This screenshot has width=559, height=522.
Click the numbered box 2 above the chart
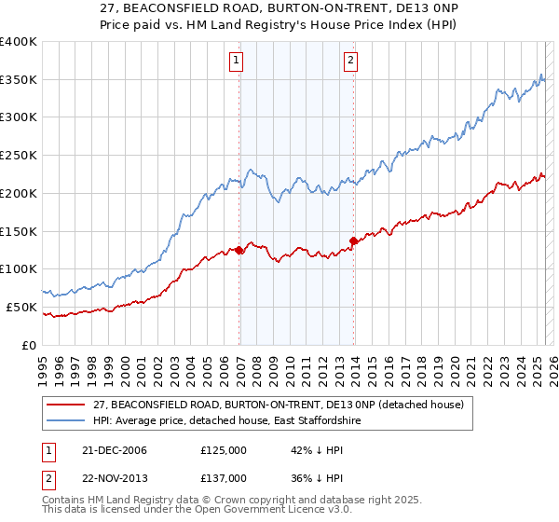(x=350, y=62)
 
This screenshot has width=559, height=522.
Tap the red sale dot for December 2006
(x=239, y=250)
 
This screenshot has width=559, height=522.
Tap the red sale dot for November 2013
(x=353, y=240)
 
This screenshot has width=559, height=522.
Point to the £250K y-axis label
(x=19, y=156)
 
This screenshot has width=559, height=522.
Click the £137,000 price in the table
(x=223, y=478)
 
